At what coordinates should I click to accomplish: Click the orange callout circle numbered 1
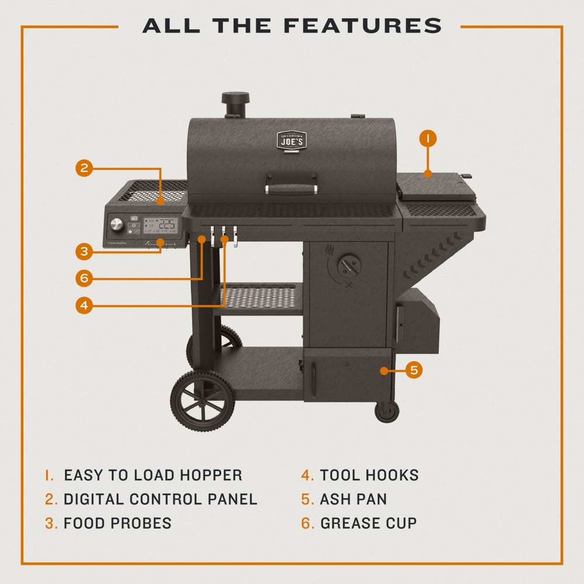point(428,138)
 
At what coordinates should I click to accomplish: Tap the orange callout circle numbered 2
point(84,168)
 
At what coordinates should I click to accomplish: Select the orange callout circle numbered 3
point(84,252)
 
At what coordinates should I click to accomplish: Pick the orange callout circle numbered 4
point(84,305)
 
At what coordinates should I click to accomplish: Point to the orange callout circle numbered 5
point(413,370)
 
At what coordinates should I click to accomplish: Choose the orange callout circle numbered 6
point(84,279)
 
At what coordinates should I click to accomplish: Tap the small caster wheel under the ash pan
point(386,411)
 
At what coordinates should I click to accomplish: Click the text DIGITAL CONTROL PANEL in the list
point(160,499)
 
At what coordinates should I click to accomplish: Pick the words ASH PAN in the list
point(353,499)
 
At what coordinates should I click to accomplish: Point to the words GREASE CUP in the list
point(368,523)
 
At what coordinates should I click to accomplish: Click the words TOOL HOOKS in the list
point(369,475)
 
